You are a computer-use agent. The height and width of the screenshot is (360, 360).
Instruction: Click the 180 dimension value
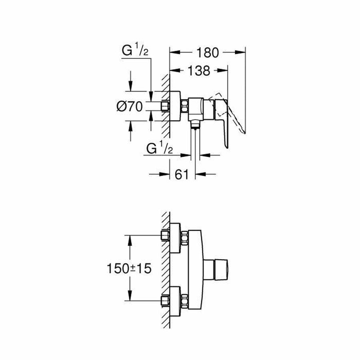208,52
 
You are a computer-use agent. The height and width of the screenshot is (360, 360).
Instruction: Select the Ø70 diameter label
130,106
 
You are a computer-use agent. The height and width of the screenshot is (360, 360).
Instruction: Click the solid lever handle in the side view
222,120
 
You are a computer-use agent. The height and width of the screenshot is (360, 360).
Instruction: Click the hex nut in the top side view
184,106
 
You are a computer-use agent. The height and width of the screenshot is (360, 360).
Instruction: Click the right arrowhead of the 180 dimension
240,52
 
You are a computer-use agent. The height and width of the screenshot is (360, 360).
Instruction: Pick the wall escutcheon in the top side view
175,106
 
